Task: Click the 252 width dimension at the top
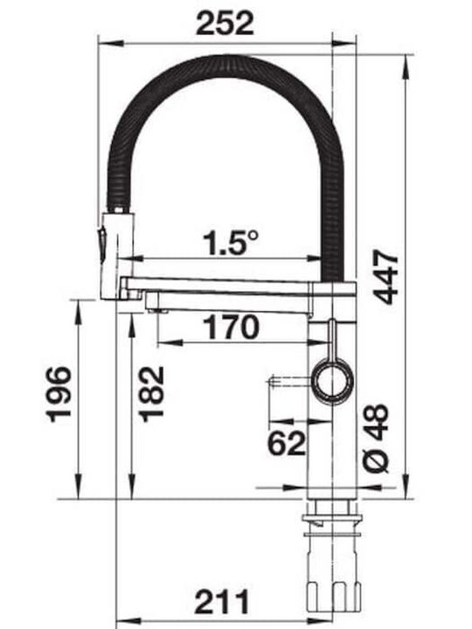[x=226, y=23]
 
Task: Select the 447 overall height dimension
[x=385, y=276]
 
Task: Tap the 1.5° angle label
[x=231, y=242]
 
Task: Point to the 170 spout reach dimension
[x=231, y=327]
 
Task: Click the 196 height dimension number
[x=59, y=394]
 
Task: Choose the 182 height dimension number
[x=152, y=394]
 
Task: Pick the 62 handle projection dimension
[x=287, y=443]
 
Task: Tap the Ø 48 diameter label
[x=376, y=438]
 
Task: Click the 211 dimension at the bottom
[x=222, y=602]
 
